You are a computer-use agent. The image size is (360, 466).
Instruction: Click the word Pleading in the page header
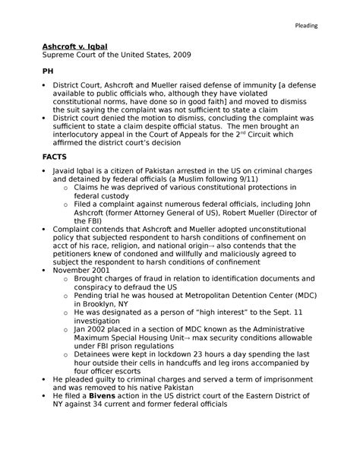(x=307, y=27)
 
